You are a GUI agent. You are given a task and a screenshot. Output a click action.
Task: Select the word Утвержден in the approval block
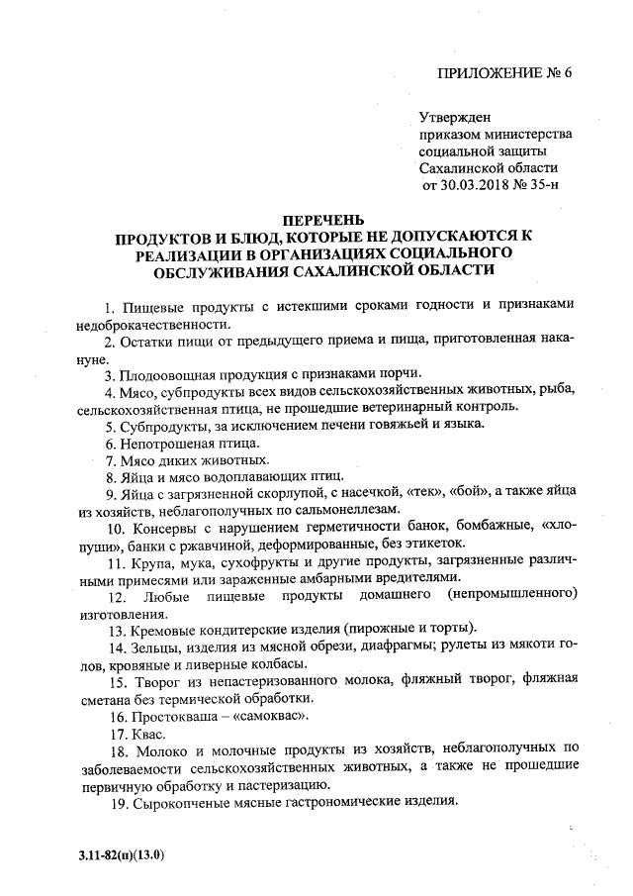pyautogui.click(x=456, y=117)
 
